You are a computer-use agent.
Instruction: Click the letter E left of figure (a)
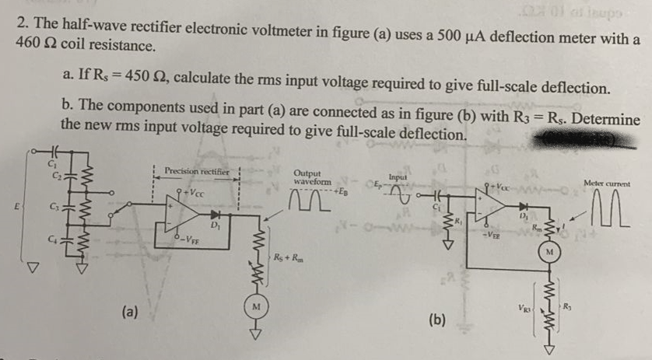coord(9,208)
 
